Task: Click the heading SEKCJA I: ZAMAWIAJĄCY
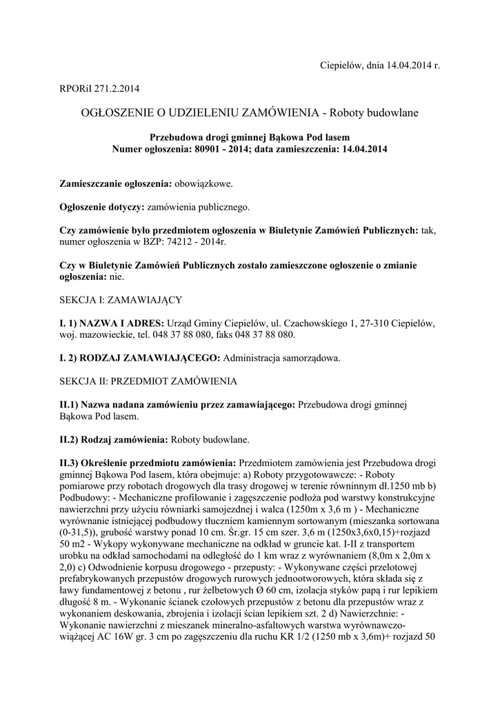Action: click(121, 300)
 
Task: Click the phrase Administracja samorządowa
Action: click(282, 358)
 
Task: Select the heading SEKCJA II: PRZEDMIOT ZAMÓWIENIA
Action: click(148, 381)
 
